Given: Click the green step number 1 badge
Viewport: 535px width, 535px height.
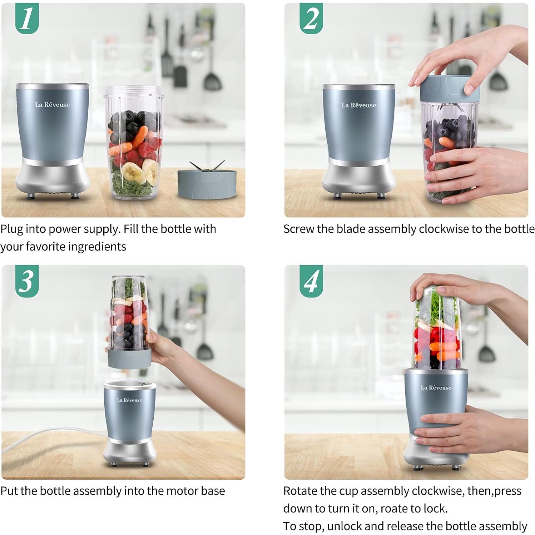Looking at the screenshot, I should pyautogui.click(x=27, y=19).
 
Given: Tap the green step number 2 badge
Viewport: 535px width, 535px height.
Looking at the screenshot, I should pyautogui.click(x=311, y=19).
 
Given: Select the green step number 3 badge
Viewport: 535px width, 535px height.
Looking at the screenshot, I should pyautogui.click(x=27, y=281).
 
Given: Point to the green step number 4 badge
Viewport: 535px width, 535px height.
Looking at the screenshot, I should pyautogui.click(x=311, y=281).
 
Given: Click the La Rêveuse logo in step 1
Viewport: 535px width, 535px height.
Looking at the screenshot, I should pyautogui.click(x=53, y=105).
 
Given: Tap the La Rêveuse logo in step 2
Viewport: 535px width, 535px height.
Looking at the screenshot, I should pyautogui.click(x=358, y=105).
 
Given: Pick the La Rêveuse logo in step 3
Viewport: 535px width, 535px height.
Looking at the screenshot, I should pyautogui.click(x=129, y=400).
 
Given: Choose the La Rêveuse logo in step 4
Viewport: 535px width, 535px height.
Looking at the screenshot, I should pyautogui.click(x=436, y=387).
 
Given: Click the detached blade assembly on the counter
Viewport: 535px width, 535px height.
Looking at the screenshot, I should pyautogui.click(x=207, y=182).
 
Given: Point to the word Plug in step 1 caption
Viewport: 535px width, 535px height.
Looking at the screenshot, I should pyautogui.click(x=12, y=229).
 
